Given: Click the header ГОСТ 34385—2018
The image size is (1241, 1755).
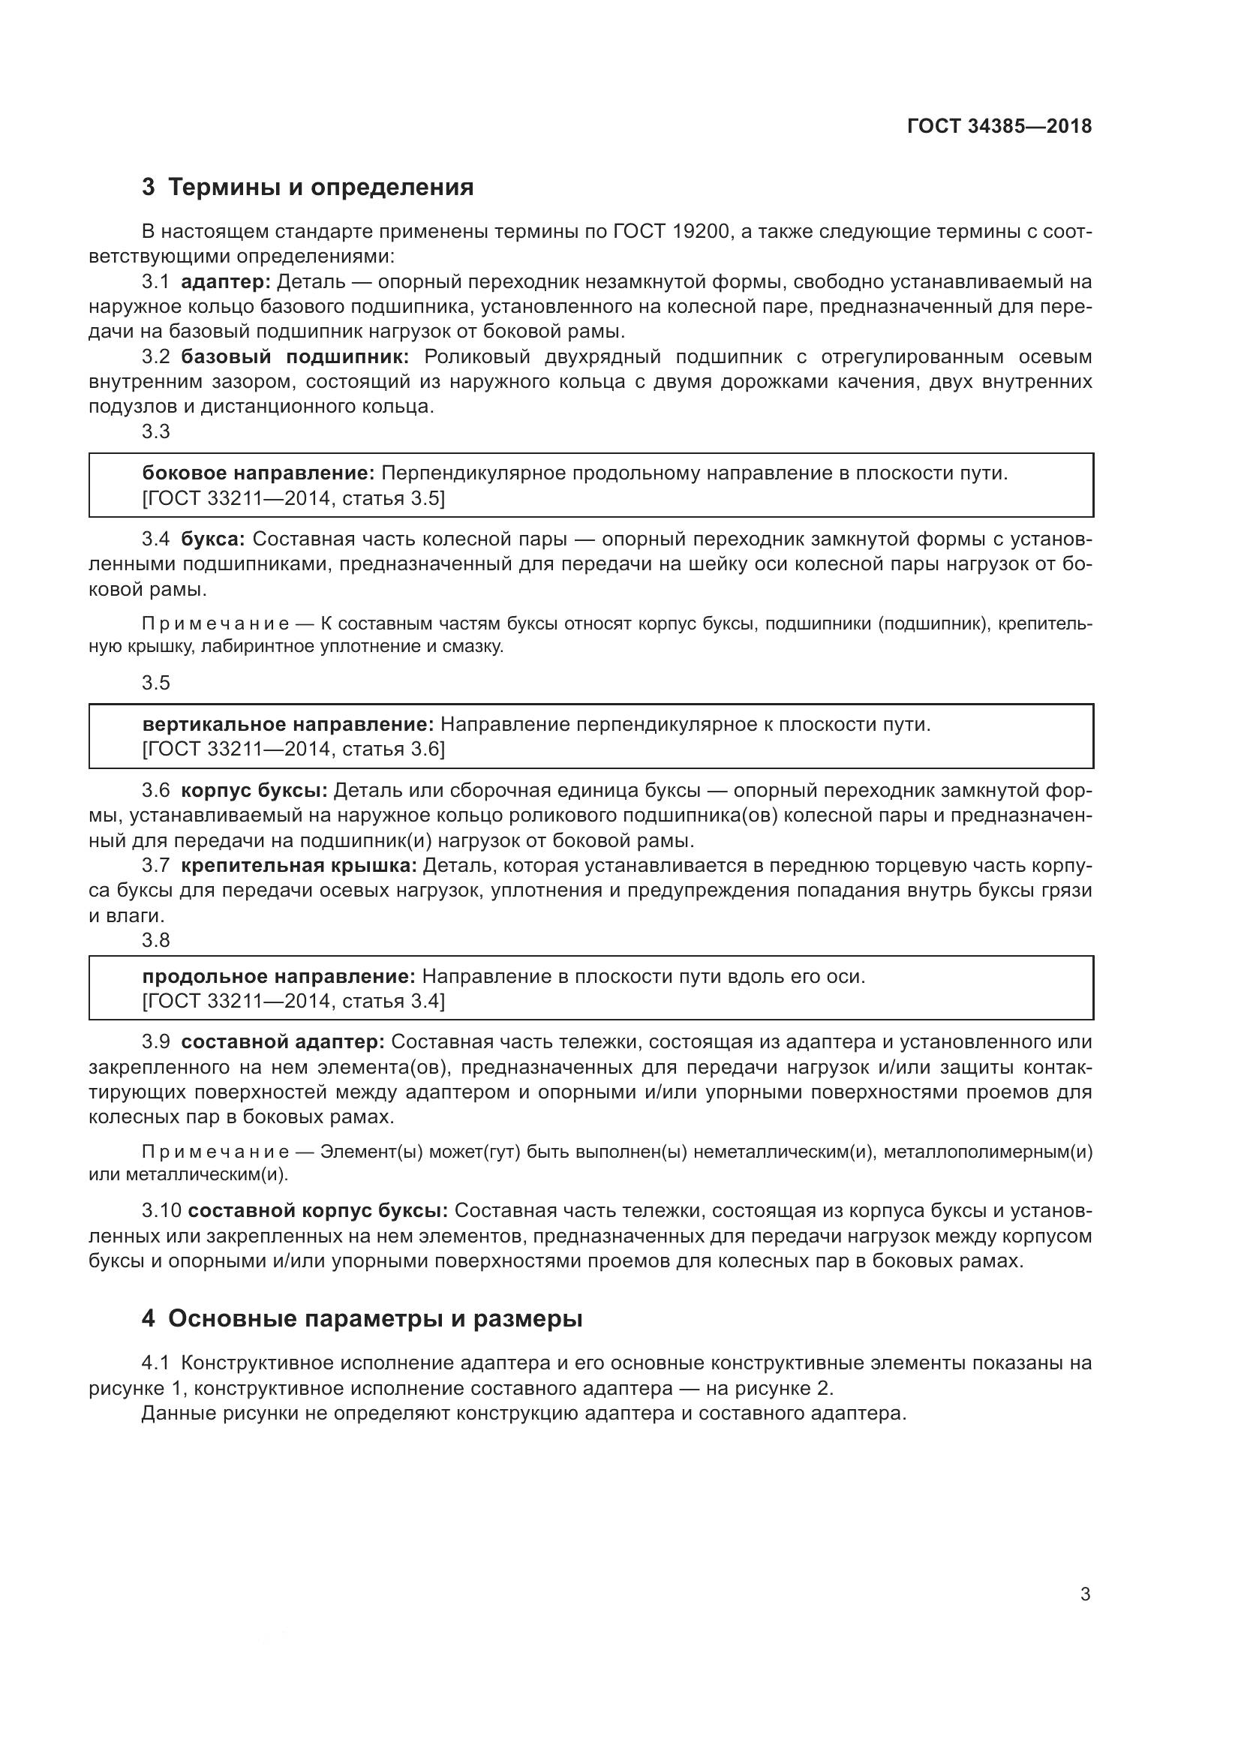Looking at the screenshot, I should [999, 126].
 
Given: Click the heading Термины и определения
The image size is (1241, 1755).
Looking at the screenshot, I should [321, 188].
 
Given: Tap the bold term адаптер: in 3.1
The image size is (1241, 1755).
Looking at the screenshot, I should [225, 282].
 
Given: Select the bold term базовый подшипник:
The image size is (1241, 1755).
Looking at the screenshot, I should [295, 357].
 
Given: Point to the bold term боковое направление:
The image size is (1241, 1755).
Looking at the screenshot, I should [258, 473].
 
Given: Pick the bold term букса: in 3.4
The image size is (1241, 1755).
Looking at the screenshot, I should [212, 539].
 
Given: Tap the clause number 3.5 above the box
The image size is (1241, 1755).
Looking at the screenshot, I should [156, 683].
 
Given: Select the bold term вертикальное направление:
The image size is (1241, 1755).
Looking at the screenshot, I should [288, 724].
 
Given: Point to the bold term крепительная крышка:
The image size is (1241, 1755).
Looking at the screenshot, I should [299, 865].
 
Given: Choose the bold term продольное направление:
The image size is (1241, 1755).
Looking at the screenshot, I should [279, 976].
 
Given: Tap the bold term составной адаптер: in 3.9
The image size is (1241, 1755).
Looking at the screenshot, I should [283, 1042].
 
